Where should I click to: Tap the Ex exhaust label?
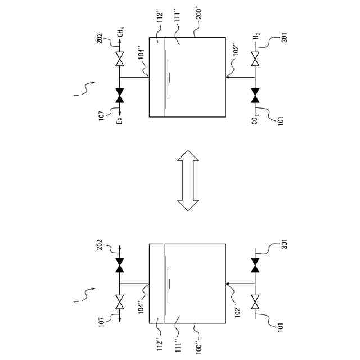[x=120, y=119]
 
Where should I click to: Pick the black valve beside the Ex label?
[x=119, y=96]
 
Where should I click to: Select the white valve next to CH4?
[x=119, y=58]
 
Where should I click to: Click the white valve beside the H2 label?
[x=255, y=58]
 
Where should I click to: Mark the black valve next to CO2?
[x=255, y=96]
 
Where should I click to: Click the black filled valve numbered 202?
[x=119, y=265]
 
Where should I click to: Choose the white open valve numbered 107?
[x=119, y=303]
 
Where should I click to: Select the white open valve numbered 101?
[x=255, y=303]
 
